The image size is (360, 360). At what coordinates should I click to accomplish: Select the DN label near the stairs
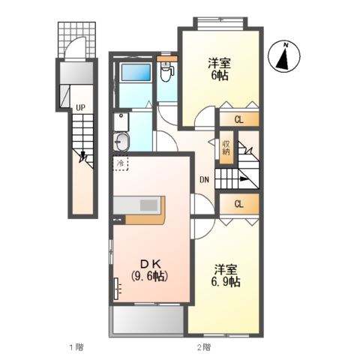[203, 179]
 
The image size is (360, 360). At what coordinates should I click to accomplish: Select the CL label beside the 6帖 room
[238, 119]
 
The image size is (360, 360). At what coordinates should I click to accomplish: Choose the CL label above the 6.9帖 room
[238, 204]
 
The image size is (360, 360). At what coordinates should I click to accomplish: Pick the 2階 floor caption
[203, 347]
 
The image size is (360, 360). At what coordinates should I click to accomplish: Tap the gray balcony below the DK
[148, 320]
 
